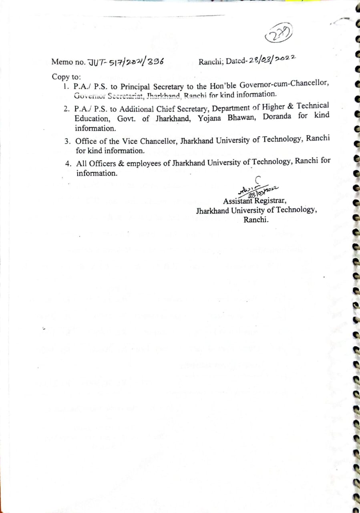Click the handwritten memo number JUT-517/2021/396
[x=125, y=62]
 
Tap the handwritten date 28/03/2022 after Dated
[x=272, y=60]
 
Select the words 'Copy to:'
[x=66, y=77]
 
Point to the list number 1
[x=65, y=86]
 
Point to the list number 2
[x=66, y=109]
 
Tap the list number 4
[x=68, y=164]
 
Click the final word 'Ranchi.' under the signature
[x=256, y=220]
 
